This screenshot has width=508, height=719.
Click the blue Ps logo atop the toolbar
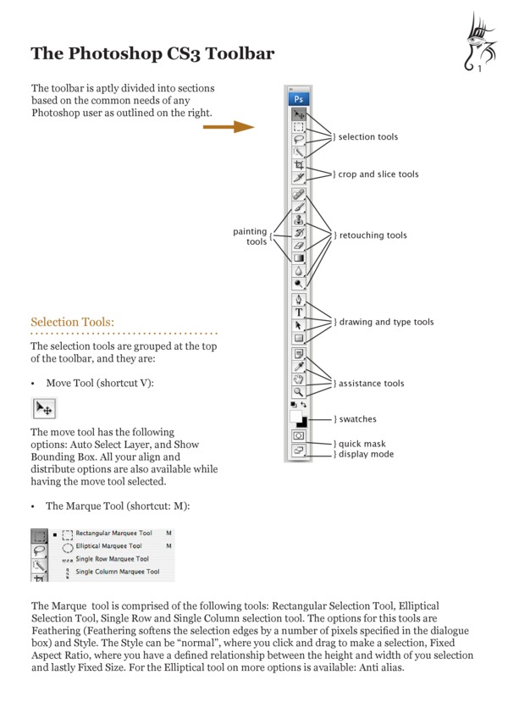(x=300, y=98)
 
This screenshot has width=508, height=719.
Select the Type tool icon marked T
(x=300, y=312)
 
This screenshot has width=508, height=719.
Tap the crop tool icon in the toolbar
(x=300, y=165)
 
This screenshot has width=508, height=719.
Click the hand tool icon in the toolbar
(x=300, y=379)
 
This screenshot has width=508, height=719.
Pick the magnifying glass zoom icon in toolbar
(x=300, y=392)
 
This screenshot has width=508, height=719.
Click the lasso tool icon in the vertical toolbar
(x=300, y=139)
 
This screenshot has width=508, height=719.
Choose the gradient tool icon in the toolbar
(x=300, y=257)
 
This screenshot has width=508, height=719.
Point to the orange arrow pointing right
(x=229, y=127)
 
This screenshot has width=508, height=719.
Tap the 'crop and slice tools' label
(x=378, y=174)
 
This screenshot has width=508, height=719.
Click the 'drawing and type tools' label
(x=385, y=322)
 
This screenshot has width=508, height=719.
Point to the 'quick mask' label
(x=362, y=444)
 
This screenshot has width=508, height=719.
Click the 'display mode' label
(x=365, y=454)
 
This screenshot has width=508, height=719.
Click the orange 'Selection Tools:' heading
(x=72, y=322)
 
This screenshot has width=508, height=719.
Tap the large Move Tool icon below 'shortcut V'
(x=44, y=408)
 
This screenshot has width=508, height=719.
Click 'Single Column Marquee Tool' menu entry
(x=117, y=572)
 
